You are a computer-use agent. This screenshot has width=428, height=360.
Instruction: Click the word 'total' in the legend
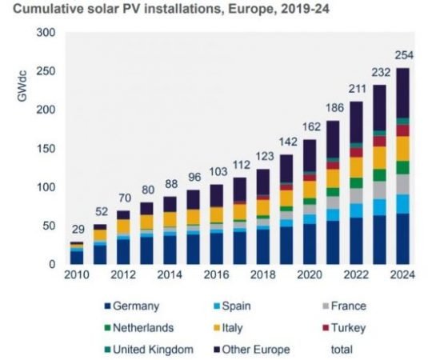(343, 349)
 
